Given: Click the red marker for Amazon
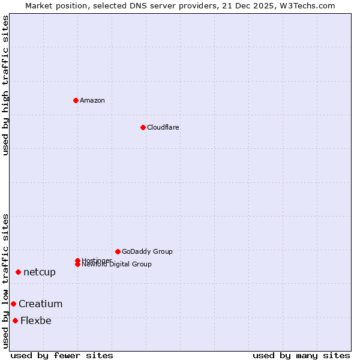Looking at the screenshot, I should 76,100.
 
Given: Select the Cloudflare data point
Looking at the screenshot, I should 143,127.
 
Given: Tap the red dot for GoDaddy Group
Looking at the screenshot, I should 118,251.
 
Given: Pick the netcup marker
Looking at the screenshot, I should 18,272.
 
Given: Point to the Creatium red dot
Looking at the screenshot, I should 13,304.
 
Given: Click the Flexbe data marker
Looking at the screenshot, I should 15,320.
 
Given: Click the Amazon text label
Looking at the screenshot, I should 92,100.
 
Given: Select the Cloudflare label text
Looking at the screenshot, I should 163,127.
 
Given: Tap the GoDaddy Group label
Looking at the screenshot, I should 147,251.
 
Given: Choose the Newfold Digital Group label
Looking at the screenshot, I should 117,265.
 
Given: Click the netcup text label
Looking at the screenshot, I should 40,272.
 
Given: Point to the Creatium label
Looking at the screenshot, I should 40,304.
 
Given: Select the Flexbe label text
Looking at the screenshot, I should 36,321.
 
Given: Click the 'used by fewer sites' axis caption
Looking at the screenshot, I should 62,355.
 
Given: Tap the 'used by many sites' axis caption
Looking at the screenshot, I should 301,355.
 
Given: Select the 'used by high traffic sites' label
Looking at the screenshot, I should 5,85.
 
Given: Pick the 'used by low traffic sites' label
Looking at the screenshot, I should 5,281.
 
